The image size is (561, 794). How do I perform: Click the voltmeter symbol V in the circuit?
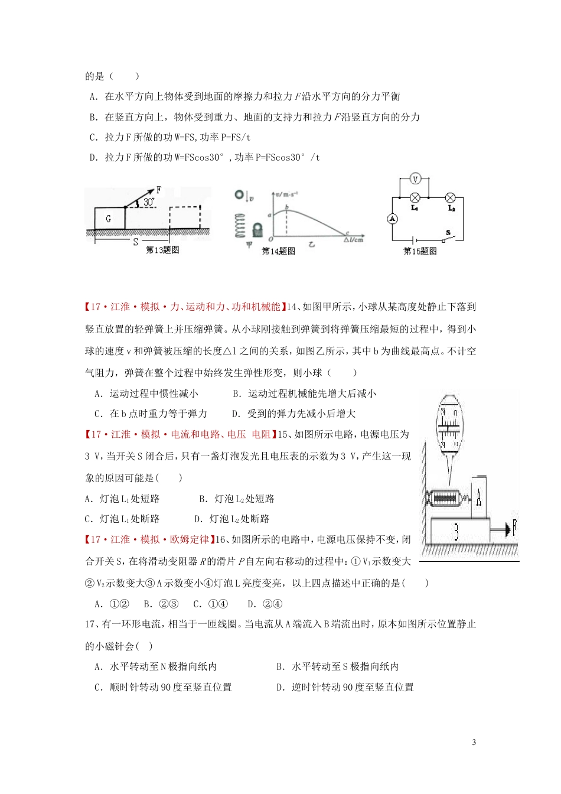click(x=415, y=180)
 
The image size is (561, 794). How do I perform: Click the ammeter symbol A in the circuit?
click(x=392, y=219)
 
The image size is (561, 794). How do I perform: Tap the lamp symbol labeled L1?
click(x=415, y=197)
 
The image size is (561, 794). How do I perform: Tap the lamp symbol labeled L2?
click(x=450, y=197)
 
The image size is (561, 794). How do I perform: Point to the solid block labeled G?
click(x=109, y=219)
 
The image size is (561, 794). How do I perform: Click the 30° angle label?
click(x=149, y=202)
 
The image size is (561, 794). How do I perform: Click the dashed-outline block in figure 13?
click(x=185, y=217)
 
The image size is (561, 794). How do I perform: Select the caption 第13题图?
click(x=162, y=250)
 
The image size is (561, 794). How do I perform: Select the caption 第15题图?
click(x=420, y=251)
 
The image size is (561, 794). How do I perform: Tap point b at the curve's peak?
click(x=287, y=207)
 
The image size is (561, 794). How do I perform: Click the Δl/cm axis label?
click(x=354, y=240)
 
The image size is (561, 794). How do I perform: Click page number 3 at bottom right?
click(x=474, y=743)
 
